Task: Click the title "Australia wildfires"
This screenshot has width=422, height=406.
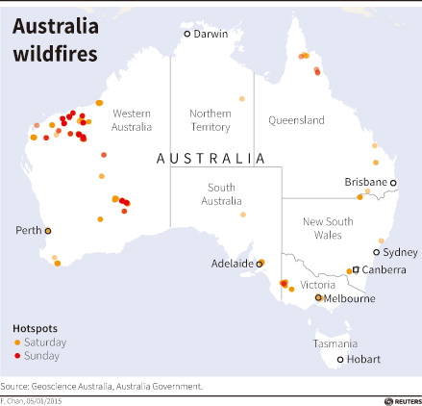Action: tap(55, 38)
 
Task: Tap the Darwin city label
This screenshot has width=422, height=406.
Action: tap(211, 35)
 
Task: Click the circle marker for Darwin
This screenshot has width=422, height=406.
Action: tap(188, 35)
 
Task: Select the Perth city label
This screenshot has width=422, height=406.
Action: tap(29, 231)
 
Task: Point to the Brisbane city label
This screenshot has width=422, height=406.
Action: tap(365, 182)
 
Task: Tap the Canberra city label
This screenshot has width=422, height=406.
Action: tap(384, 270)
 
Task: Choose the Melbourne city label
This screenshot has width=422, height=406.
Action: tap(350, 299)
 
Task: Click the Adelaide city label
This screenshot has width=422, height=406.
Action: tap(233, 263)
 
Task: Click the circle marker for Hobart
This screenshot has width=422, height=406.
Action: tap(339, 361)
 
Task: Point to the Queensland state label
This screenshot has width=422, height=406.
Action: tap(297, 120)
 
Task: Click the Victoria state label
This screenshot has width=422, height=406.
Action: tap(317, 285)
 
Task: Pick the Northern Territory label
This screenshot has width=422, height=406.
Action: tap(211, 119)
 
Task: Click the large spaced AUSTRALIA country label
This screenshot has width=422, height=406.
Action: tap(211, 158)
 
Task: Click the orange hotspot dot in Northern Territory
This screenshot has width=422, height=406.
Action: tap(242, 98)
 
